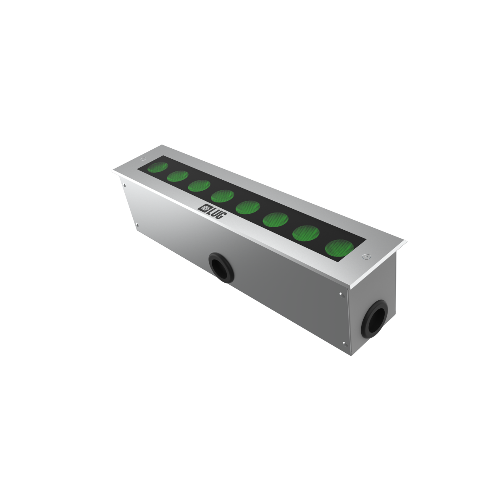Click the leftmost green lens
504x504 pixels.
[157, 167]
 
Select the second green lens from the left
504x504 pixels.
[178, 176]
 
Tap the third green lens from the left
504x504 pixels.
[199, 186]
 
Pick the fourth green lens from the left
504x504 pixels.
[222, 196]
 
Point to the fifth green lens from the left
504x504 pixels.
[248, 207]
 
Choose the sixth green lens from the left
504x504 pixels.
[276, 220]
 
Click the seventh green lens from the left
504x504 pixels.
[306, 233]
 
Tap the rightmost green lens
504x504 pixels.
[339, 248]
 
